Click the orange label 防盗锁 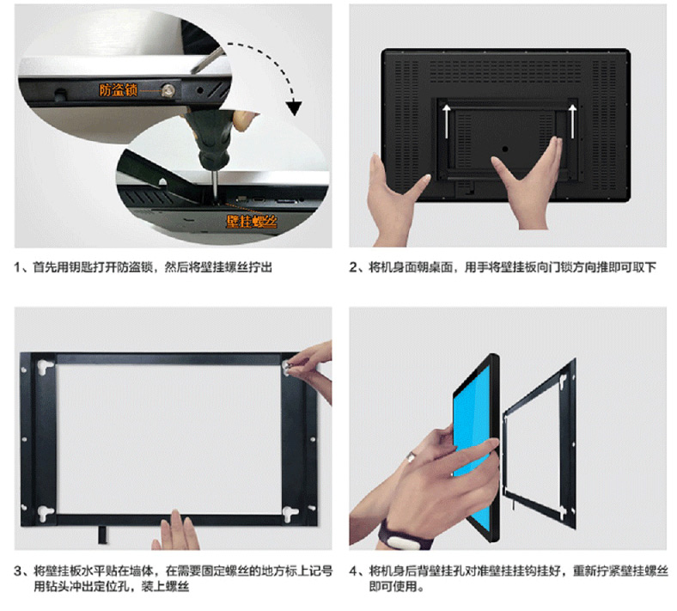click(118, 90)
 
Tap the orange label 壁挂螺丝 click(252, 222)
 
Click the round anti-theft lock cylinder click(168, 90)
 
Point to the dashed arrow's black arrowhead click(294, 107)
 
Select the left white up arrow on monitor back click(447, 121)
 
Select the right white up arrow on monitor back click(572, 121)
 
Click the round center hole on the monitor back click(504, 149)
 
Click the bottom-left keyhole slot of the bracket click(45, 512)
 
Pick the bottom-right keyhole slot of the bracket click(290, 512)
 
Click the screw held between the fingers click(287, 366)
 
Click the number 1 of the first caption click(17, 268)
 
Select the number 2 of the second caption click(353, 268)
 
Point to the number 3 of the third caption click(18, 571)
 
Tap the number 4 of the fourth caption click(353, 571)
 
